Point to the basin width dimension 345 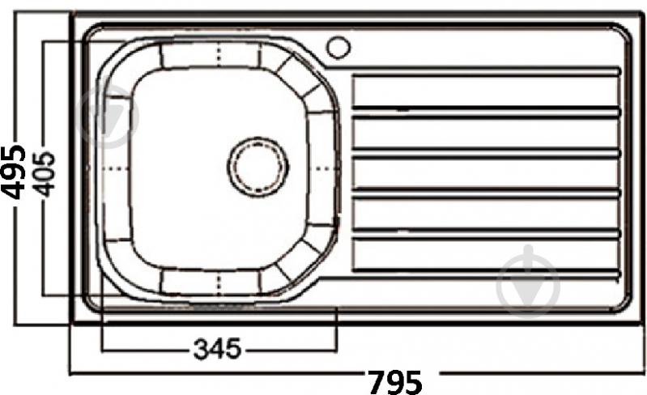coord(217,349)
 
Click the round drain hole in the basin coord(258,168)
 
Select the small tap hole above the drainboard coord(338,47)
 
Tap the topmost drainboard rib coord(486,71)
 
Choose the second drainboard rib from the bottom coord(486,235)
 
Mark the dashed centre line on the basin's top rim coord(220,54)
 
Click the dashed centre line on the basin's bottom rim coord(220,281)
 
